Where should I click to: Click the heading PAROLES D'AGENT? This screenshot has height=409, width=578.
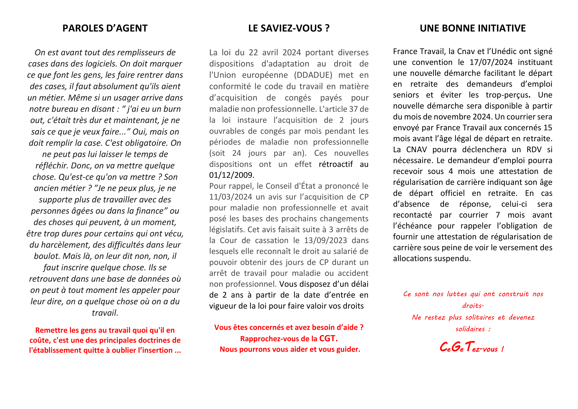coord(105,28)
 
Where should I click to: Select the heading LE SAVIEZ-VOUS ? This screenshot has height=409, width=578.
coord(289,28)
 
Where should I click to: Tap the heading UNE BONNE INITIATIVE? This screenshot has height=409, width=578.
coord(472,28)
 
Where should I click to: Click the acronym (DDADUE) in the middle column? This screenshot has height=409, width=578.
coord(313,75)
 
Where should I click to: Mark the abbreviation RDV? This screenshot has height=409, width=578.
coord(534,150)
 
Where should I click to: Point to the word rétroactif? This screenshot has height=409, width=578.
coord(336,164)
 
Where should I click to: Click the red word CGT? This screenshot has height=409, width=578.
coord(328,339)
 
